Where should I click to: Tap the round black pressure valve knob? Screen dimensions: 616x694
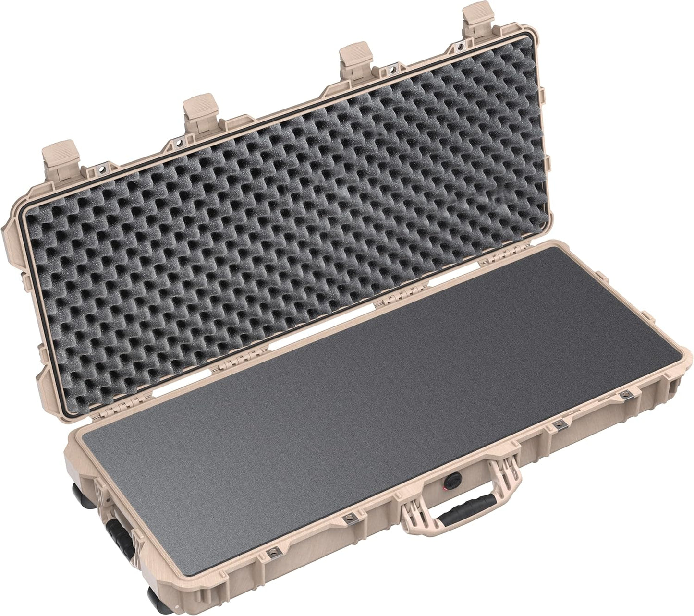[x=452, y=480]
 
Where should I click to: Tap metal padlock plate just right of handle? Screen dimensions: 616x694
[x=558, y=424]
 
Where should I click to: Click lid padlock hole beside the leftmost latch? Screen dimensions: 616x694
[x=102, y=169]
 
